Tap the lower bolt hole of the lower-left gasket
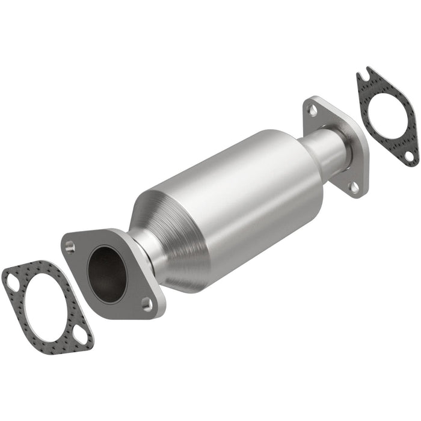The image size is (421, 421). click(80, 338)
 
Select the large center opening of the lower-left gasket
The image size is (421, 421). click(45, 306)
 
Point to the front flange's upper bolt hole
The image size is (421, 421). click(70, 245)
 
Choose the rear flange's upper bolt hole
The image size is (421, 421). click(311, 109)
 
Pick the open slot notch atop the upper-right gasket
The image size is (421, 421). click(363, 76)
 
